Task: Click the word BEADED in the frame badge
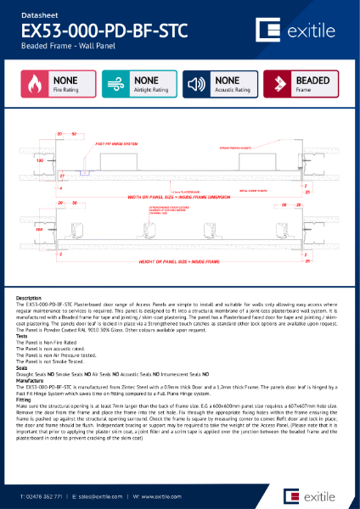click(x=312, y=81)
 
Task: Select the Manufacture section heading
click(x=33, y=380)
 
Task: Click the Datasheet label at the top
click(x=39, y=12)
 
